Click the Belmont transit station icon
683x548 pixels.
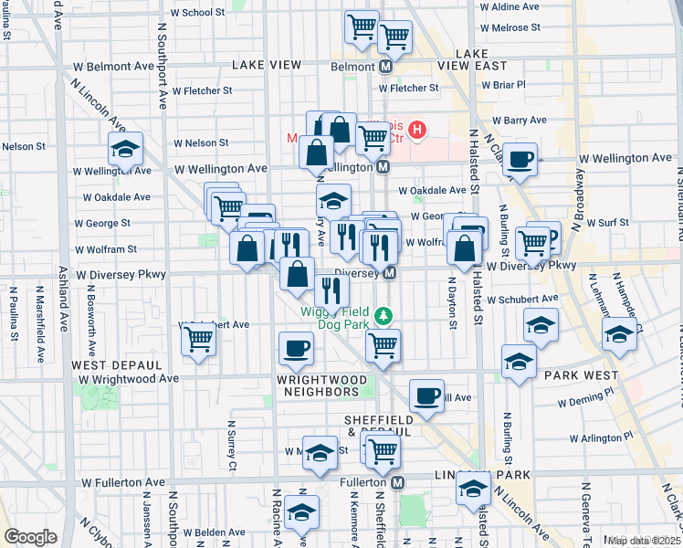pos(386,67)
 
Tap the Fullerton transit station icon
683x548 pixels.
pos(398,481)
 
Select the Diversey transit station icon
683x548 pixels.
pos(390,273)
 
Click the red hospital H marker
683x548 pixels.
pos(417,131)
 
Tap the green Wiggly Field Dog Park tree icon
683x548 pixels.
pos(384,315)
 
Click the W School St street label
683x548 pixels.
pos(197,13)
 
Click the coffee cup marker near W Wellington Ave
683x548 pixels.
pos(520,160)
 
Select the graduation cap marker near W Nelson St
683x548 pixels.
pos(126,149)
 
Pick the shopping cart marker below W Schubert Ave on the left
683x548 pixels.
pos(198,340)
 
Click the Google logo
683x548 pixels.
pos(30,537)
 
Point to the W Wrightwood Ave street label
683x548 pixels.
pos(129,378)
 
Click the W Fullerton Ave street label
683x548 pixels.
pos(124,481)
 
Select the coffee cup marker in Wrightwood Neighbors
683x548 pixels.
pos(295,348)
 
